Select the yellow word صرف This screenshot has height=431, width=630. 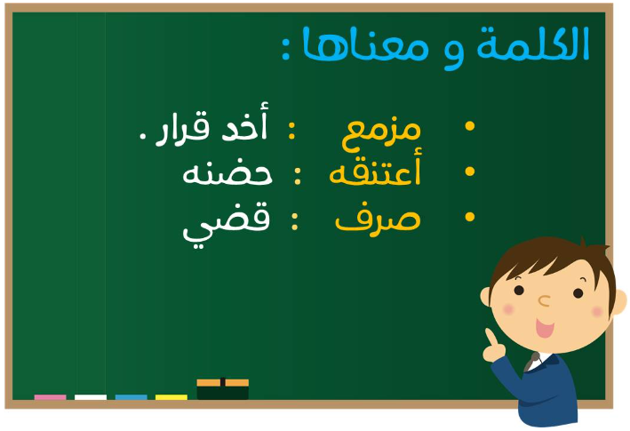[x=378, y=221]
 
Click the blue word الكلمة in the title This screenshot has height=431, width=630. [x=533, y=44]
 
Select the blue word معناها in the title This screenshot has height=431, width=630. [x=365, y=45]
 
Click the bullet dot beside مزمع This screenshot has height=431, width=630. [x=470, y=126]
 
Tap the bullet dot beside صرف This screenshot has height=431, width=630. [x=470, y=217]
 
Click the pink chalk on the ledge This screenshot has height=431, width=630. [x=51, y=397]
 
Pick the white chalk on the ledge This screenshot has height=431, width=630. [x=91, y=397]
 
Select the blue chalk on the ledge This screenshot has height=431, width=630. [x=131, y=397]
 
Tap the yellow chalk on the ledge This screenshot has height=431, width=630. [x=171, y=397]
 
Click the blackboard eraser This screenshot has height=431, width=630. [x=223, y=389]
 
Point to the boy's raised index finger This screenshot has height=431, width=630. [x=491, y=337]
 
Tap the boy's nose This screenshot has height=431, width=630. [x=544, y=301]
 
